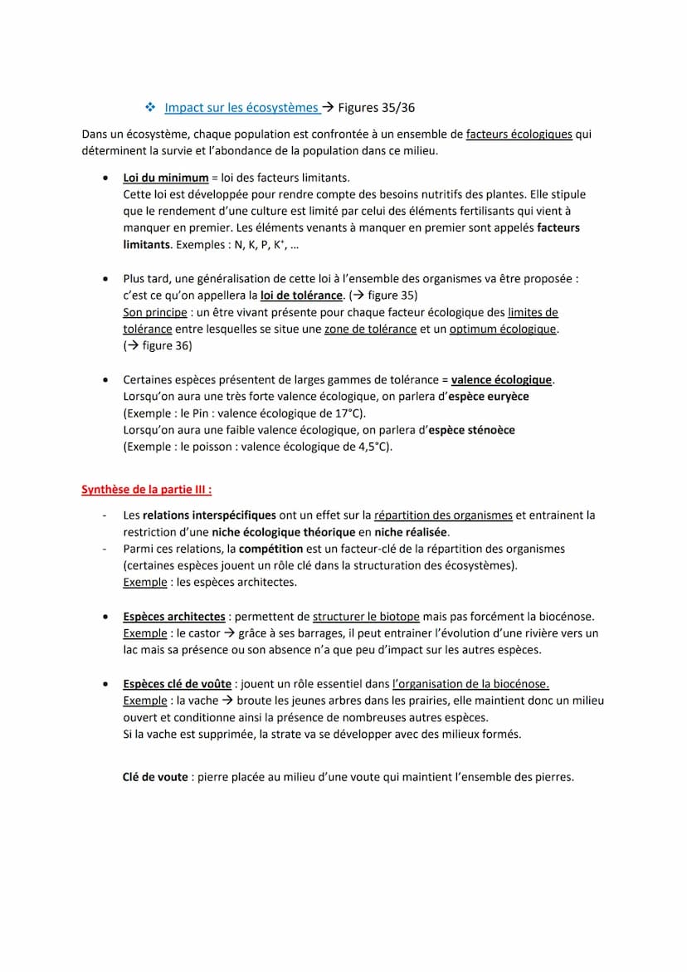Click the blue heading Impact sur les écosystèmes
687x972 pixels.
(241, 107)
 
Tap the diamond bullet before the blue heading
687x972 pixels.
(150, 107)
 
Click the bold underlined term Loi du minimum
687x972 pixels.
(166, 178)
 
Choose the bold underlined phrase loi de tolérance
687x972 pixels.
(301, 296)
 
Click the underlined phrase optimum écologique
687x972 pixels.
(502, 329)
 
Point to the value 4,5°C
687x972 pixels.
(373, 447)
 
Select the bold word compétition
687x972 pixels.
(270, 549)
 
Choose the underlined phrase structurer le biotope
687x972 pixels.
(366, 617)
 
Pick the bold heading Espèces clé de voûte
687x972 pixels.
(178, 684)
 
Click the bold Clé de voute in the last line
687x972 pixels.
(155, 778)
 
